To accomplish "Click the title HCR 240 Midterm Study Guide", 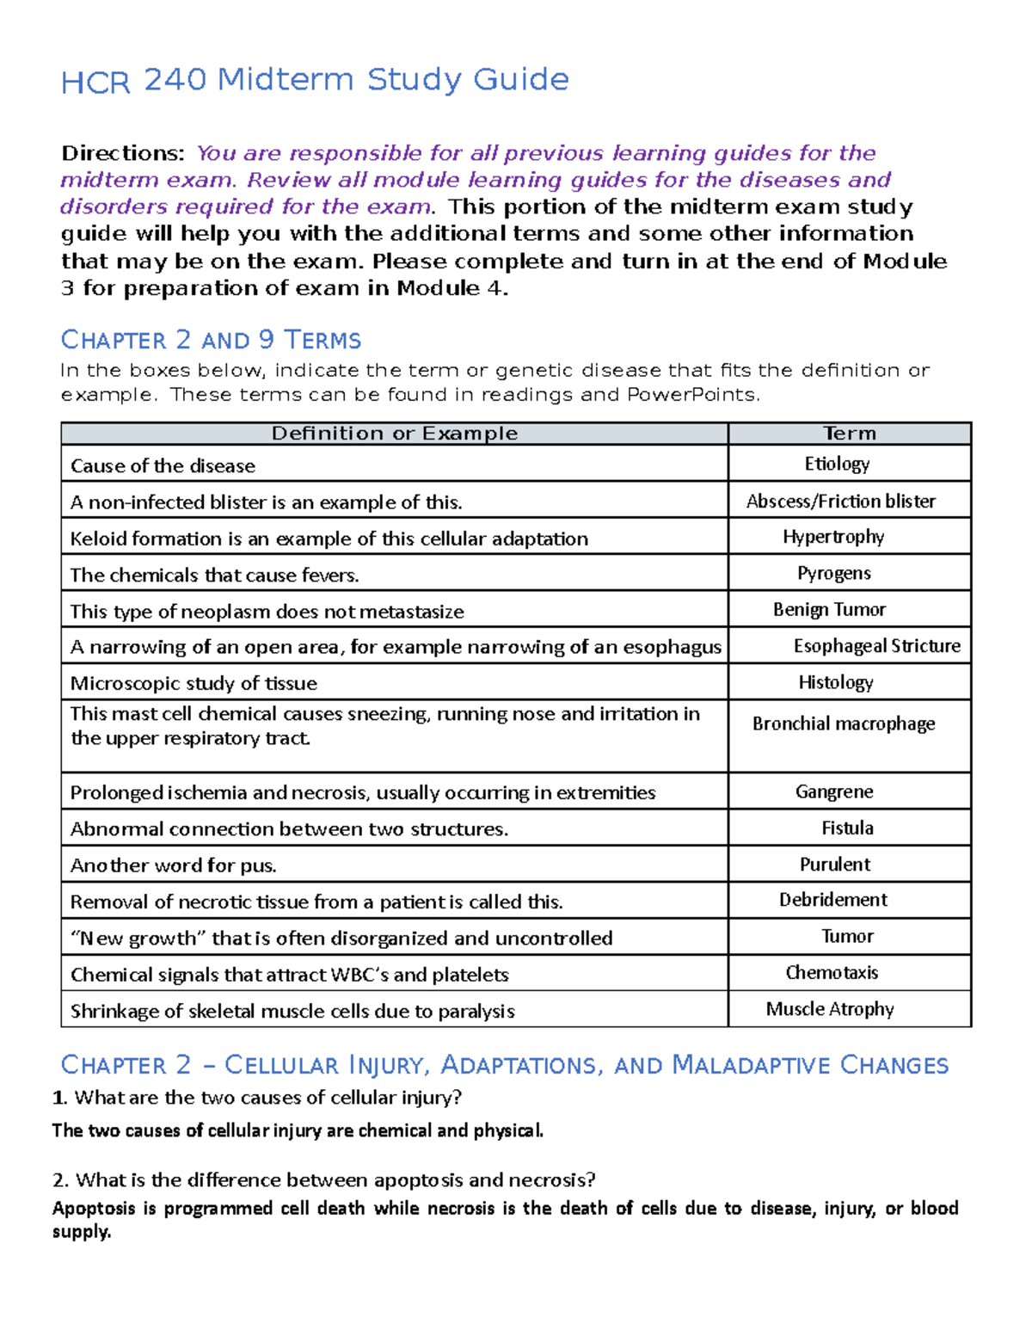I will (315, 80).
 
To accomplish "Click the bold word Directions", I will (122, 154).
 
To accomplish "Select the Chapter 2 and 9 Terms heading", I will (211, 341).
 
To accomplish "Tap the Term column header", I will (849, 434).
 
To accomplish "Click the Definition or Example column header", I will (395, 434).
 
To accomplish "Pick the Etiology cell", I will (837, 465).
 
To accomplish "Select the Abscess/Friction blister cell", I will (840, 502).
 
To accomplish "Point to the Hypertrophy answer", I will (833, 538).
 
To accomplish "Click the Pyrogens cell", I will (833, 574).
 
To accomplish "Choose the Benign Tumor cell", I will (829, 610).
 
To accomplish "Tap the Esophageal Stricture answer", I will (876, 646).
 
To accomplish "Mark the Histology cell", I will (835, 683).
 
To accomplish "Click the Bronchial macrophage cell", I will (844, 724).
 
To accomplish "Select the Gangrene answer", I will (834, 791).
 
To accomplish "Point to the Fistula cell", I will (847, 828).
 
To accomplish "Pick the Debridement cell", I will (833, 901).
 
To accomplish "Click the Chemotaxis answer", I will (832, 973).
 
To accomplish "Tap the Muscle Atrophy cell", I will (830, 1009).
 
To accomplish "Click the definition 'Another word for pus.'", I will (174, 865).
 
